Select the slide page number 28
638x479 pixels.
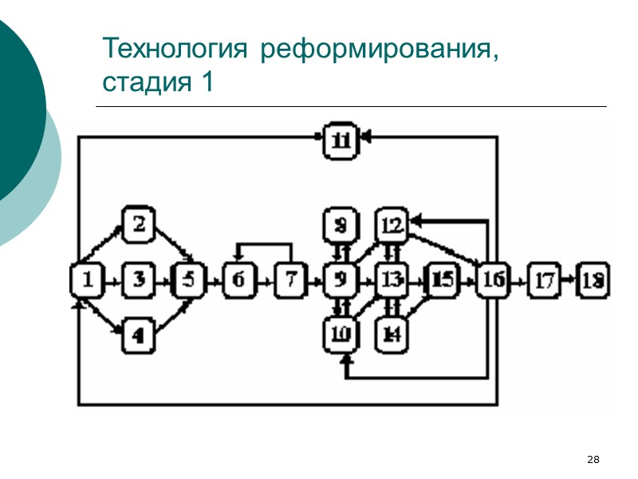pos(593,459)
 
